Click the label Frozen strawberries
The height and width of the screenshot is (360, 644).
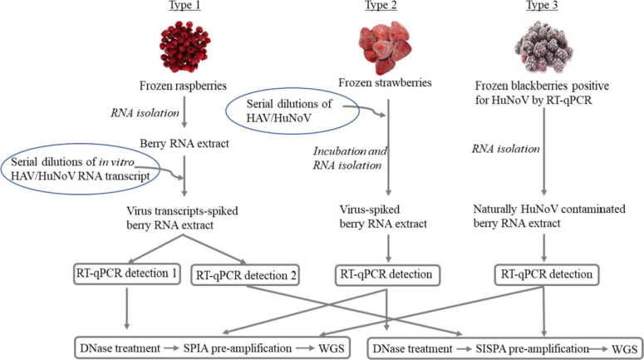(x=384, y=82)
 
